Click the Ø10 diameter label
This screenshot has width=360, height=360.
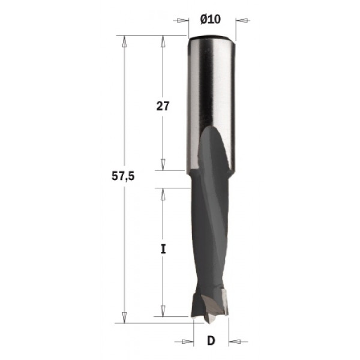coord(210,19)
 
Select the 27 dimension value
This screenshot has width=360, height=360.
coord(163,106)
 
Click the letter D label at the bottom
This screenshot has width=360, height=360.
coord(211,341)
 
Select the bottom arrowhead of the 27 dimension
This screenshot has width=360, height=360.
coord(163,165)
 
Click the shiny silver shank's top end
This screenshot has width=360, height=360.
coord(210,40)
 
